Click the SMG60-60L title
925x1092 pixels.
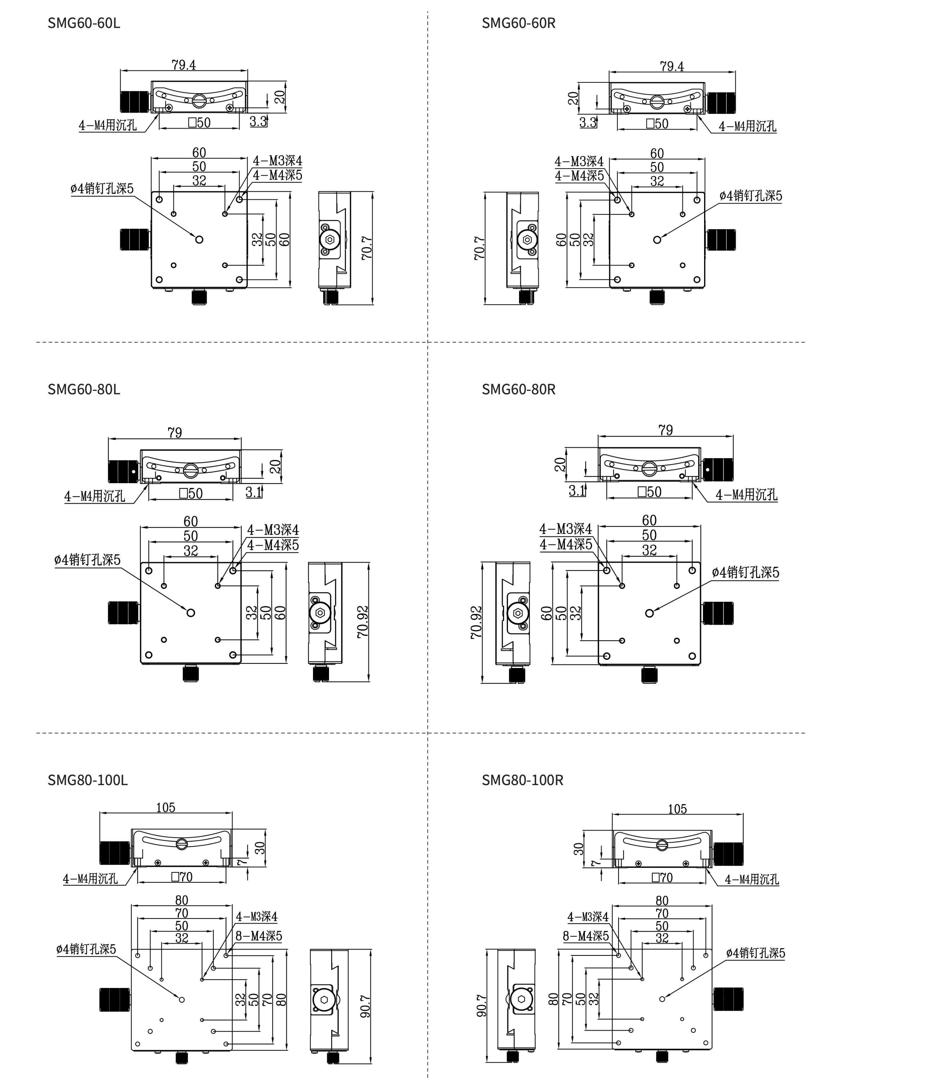point(84,23)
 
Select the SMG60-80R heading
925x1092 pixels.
point(519,390)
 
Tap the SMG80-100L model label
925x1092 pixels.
point(87,780)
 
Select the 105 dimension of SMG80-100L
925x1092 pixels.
point(166,807)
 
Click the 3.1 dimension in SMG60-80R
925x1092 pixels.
point(577,491)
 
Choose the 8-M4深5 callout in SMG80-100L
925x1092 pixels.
point(258,936)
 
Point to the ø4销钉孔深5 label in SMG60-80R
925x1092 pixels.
point(746,572)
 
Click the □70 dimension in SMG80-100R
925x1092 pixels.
point(662,878)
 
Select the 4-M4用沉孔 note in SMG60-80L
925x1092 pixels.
point(95,496)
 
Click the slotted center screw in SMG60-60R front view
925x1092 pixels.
point(657,102)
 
